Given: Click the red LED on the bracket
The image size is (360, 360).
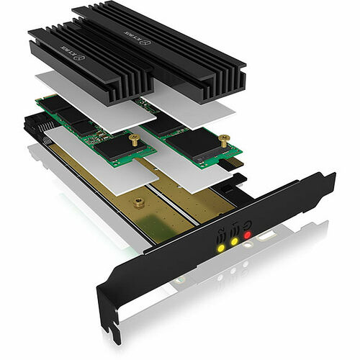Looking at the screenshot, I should pyautogui.click(x=247, y=234).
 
